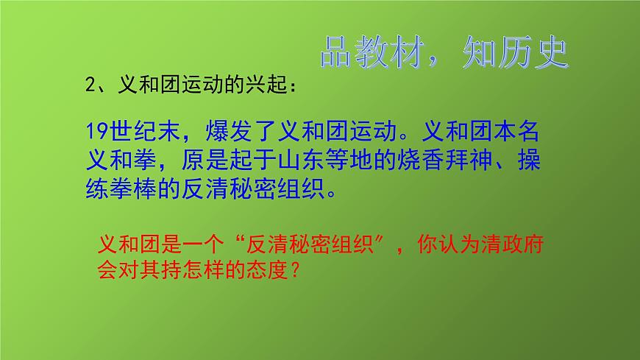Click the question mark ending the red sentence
pyautogui.click(x=292, y=269)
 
